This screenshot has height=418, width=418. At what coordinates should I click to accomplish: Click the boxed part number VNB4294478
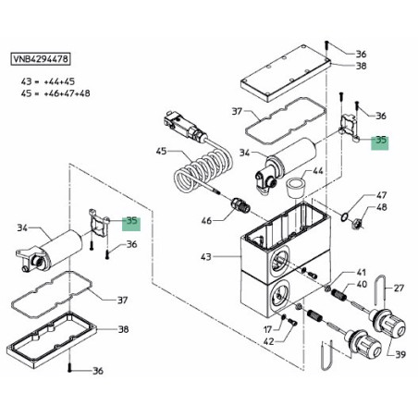coord(41,59)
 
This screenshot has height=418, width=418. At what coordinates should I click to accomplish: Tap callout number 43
coord(206,256)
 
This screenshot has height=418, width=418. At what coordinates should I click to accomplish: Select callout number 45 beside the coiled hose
coord(161,151)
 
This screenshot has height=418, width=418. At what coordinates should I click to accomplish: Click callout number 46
coord(206,220)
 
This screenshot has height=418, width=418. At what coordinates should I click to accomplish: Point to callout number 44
coord(318,170)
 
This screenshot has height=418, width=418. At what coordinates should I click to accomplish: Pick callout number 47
coord(381,195)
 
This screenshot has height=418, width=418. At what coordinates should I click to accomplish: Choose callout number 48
coord(382,207)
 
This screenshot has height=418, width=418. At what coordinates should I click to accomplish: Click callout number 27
coord(399,288)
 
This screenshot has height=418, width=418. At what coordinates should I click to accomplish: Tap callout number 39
coord(400,354)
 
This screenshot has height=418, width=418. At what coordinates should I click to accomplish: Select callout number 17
coord(268,329)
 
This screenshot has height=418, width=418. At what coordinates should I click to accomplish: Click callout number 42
coord(269,341)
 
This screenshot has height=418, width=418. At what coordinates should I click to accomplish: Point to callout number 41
coord(362,273)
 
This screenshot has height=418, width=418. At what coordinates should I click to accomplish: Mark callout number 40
coord(362,284)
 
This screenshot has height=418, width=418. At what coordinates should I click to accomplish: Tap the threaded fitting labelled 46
coord(240,205)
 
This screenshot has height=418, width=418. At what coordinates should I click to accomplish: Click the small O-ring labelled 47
coord(345,216)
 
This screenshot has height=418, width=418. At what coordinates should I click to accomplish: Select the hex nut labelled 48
coord(356,222)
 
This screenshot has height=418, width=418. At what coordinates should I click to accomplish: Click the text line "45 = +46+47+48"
coord(55,93)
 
